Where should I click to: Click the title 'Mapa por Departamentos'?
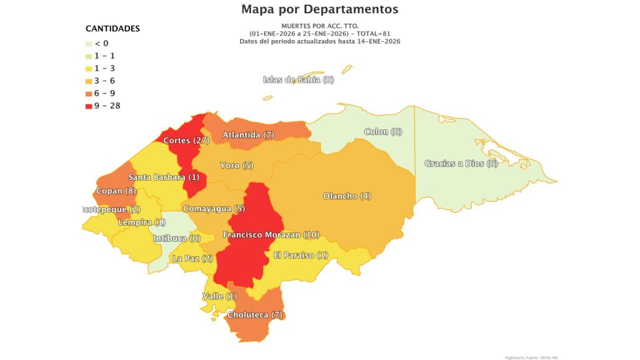click(319, 9)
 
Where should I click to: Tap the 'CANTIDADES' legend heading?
click(112, 29)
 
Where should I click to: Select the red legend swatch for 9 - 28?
click(89, 106)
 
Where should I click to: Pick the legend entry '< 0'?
click(101, 43)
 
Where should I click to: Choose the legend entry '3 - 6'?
click(104, 81)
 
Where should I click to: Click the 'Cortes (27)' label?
click(186, 141)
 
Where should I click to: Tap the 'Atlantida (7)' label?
click(248, 135)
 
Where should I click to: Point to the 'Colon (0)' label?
click(383, 132)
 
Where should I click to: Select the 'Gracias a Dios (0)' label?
click(461, 164)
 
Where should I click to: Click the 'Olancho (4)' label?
click(347, 196)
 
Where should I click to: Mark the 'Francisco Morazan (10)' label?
click(271, 235)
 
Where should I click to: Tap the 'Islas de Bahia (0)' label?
click(299, 79)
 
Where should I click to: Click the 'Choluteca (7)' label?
click(255, 315)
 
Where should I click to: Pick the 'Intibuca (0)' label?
click(177, 239)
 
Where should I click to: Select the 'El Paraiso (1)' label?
click(301, 255)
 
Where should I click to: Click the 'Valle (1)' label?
click(219, 296)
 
